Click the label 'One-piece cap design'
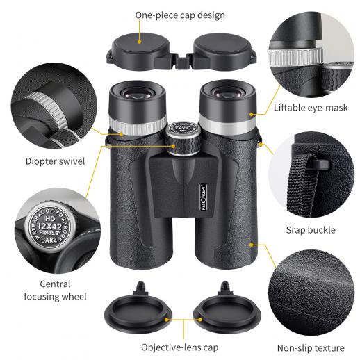(180, 15)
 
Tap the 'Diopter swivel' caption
(55, 161)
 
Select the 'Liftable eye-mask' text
(311, 108)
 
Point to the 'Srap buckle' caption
(311, 230)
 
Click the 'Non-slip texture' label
(311, 348)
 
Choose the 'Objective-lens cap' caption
(180, 347)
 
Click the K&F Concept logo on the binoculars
(203, 197)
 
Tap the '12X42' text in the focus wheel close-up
(49, 227)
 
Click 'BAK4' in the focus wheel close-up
(49, 240)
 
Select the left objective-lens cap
(138, 310)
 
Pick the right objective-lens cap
(227, 310)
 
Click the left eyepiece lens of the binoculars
(137, 94)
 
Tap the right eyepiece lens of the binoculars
(227, 92)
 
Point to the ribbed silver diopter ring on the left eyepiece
(138, 126)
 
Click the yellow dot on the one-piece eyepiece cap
(139, 42)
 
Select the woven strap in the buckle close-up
(302, 186)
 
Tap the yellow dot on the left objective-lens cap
(166, 320)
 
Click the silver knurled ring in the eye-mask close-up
(295, 57)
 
